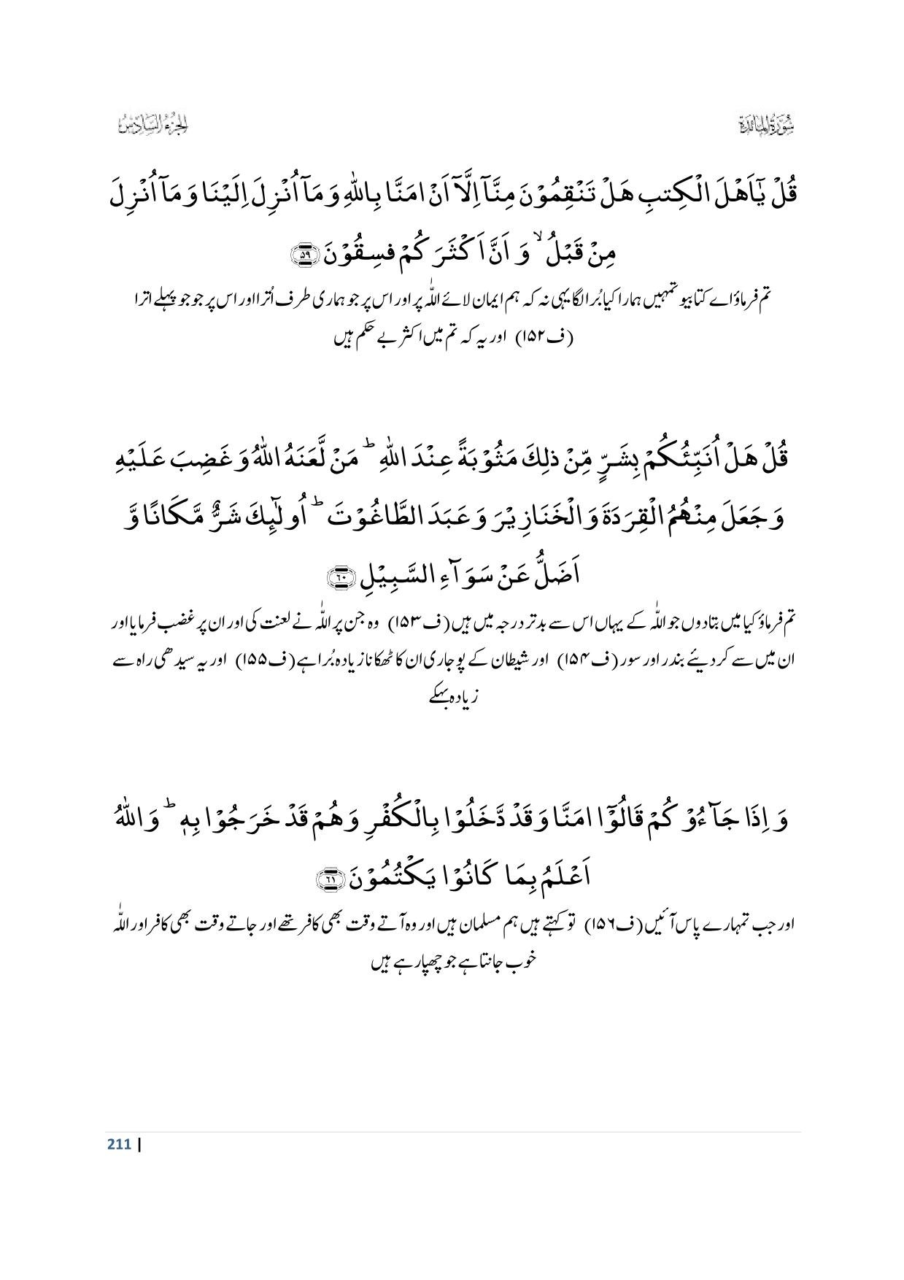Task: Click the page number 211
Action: click(119, 1144)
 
